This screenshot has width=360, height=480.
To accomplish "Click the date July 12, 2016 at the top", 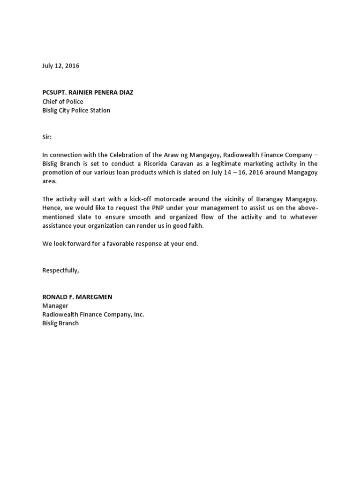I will (x=60, y=66).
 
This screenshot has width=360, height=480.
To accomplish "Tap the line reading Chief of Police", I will (x=63, y=101).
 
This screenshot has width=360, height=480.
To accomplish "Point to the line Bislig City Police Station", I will (x=76, y=110).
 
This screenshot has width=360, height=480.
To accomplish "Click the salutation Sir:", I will (x=47, y=137).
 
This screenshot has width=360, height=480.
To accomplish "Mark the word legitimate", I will (x=244, y=164).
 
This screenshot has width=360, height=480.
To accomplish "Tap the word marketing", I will (x=282, y=164).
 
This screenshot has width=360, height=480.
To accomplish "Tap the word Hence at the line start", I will (x=52, y=208).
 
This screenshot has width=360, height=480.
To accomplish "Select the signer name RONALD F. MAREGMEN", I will (x=77, y=297).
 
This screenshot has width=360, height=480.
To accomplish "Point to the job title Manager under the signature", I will (x=55, y=306).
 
